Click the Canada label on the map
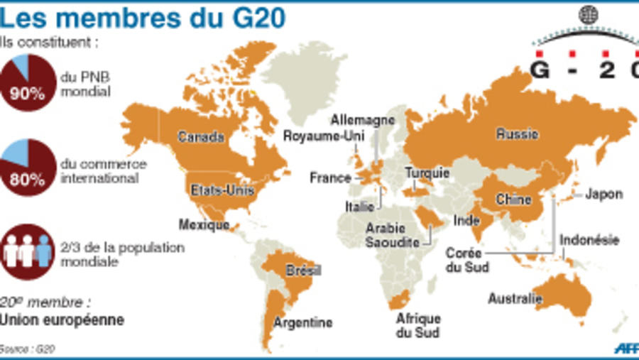[x=201, y=136]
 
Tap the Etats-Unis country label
[x=219, y=189]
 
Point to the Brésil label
[x=303, y=271]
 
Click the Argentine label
[x=303, y=323]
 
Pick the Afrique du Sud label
[x=419, y=324]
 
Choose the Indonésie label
[x=590, y=240]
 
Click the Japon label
[x=604, y=194]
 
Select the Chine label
[x=513, y=200]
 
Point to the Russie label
[x=517, y=133]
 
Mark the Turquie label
[x=427, y=173]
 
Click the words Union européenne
[x=62, y=320]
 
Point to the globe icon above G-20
[x=587, y=14]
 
